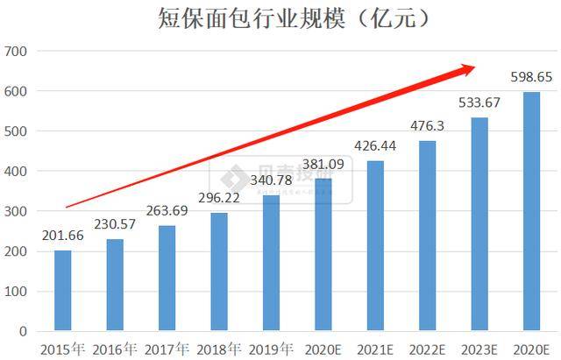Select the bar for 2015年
point(62,291)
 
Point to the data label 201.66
point(62,237)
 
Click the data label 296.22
point(219,200)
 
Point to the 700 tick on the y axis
point(18,52)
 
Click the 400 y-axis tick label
point(18,172)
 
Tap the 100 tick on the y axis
point(18,292)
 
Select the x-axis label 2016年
point(115,349)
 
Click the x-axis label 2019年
point(271,349)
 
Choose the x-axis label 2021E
point(375,349)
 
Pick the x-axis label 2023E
point(479,349)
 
